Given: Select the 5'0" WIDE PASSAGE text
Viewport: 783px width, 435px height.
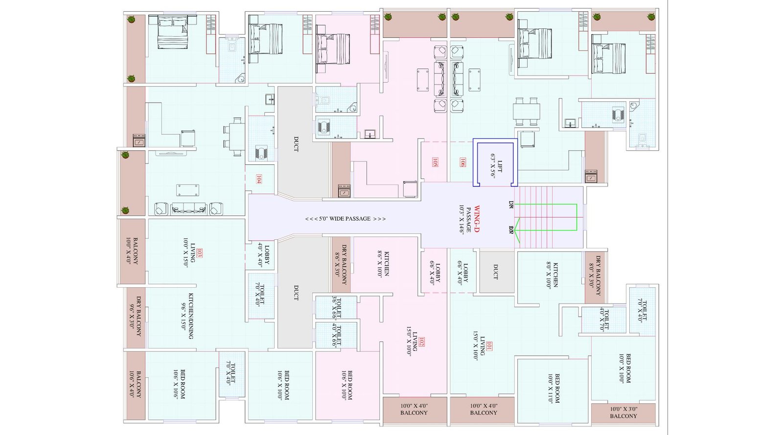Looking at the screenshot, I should tap(345, 219).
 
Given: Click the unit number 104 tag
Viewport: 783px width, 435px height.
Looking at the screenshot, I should tap(259, 180).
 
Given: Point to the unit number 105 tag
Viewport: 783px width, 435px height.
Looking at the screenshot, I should tap(435, 162).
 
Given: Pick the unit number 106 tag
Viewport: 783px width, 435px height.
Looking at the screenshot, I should tap(462, 162).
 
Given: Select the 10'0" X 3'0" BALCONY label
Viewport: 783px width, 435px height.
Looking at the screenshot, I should tap(623, 412).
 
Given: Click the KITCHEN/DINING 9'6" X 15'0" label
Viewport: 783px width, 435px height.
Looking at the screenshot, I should tap(186, 316).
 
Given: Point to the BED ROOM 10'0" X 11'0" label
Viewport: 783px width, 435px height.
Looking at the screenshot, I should tap(553, 389).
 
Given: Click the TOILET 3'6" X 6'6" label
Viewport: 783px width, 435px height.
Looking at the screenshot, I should tap(336, 307).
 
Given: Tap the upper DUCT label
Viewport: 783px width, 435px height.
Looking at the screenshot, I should tap(296, 143).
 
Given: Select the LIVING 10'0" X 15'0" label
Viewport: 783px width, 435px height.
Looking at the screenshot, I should tap(189, 253).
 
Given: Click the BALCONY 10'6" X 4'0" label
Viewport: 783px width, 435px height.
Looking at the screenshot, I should tap(135, 384).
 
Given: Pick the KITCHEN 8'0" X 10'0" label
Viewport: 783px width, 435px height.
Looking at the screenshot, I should tap(552, 275).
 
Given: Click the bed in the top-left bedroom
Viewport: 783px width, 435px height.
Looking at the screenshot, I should tap(172, 33).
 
